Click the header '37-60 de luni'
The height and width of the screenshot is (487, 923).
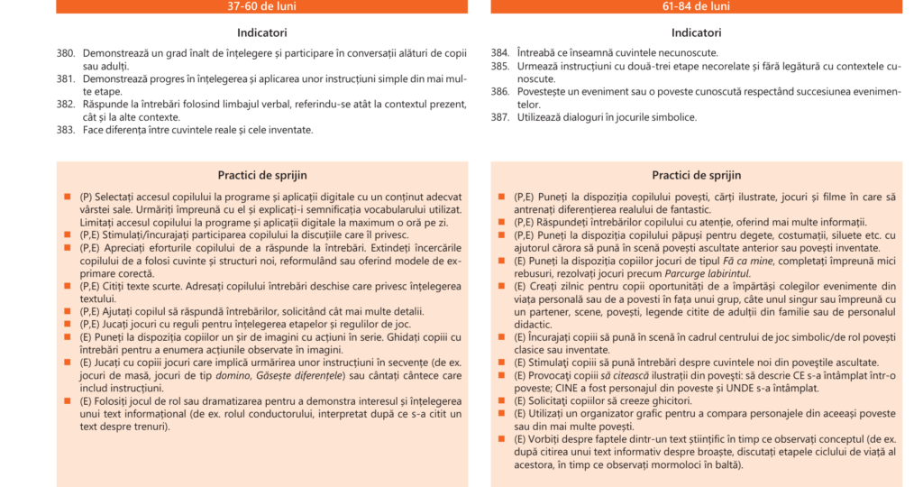(x=261, y=6)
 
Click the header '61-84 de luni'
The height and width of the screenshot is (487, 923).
(x=696, y=6)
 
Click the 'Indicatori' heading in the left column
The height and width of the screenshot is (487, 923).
(x=261, y=32)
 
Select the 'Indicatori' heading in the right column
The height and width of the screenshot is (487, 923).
(x=696, y=32)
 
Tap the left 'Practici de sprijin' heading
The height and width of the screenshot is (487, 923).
(x=261, y=175)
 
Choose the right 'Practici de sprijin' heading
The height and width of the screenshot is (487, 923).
(x=696, y=175)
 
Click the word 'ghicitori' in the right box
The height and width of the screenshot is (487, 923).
(x=665, y=400)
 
